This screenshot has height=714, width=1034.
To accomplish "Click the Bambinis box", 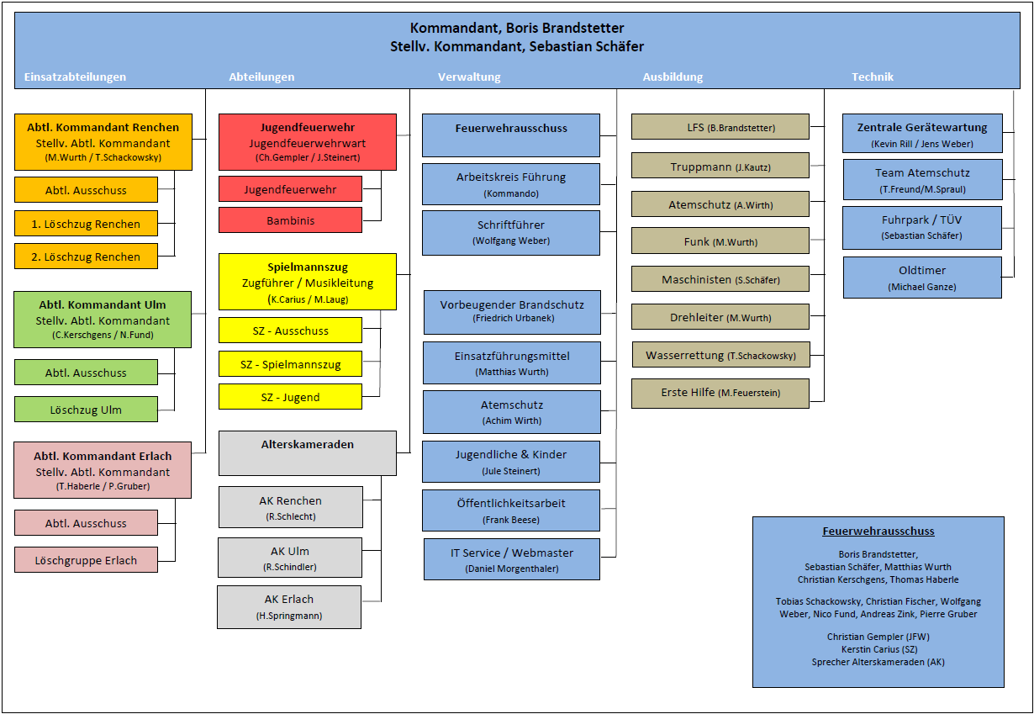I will (290, 219).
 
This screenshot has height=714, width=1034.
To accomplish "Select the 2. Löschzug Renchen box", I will (86, 257).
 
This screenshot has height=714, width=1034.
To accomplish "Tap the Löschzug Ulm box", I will (86, 410).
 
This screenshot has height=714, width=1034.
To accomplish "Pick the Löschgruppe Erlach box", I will (86, 560).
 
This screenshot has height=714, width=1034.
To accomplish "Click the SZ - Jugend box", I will (290, 397).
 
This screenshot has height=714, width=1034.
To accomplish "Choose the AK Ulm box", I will (290, 558).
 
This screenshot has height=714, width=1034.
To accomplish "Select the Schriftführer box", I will (511, 232).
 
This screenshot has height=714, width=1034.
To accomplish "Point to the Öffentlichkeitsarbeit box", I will (511, 510).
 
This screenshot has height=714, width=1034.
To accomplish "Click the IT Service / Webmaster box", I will (511, 560).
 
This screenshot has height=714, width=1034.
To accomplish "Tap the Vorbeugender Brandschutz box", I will (512, 311).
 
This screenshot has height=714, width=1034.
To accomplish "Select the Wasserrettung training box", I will (720, 355).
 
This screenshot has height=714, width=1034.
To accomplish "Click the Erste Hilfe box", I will (720, 393).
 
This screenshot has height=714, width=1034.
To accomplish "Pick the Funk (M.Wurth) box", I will (720, 241).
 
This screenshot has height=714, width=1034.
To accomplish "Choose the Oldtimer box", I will (922, 278).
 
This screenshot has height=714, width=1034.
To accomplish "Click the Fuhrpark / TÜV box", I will (922, 227).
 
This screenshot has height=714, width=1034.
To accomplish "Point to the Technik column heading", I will (873, 77).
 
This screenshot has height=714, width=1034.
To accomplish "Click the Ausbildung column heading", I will (673, 77).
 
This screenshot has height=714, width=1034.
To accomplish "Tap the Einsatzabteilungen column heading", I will (75, 77).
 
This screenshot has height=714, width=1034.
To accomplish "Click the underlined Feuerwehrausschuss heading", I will (878, 532).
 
